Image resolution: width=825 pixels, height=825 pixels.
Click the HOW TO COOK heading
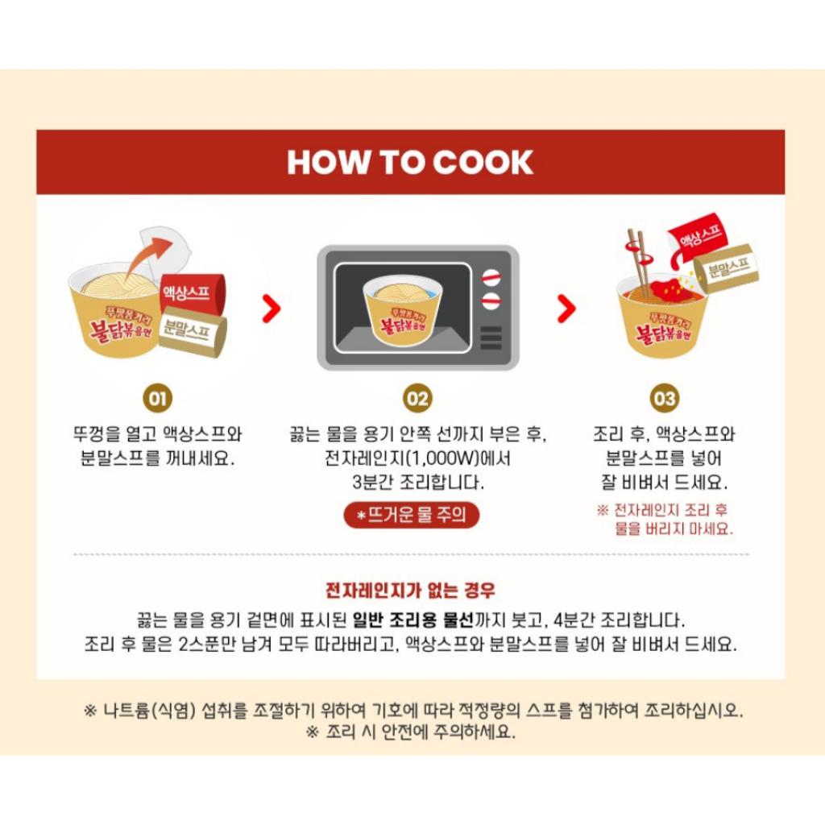(410, 162)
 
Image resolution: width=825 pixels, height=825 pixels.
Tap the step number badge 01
(157, 398)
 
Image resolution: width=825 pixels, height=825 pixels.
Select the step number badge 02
(418, 398)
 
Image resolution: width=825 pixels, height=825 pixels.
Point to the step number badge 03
(665, 398)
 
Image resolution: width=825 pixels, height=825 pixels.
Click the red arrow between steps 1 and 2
(272, 308)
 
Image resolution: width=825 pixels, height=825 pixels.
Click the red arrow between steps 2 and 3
(567, 307)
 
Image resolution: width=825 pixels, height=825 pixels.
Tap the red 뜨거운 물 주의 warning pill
(411, 515)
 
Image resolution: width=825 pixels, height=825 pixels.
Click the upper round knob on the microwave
(490, 278)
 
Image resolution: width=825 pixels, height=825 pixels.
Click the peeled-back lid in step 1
(167, 250)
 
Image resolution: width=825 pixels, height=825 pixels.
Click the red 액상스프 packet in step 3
(695, 236)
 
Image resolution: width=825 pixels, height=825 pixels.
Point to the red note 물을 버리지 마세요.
(674, 529)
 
